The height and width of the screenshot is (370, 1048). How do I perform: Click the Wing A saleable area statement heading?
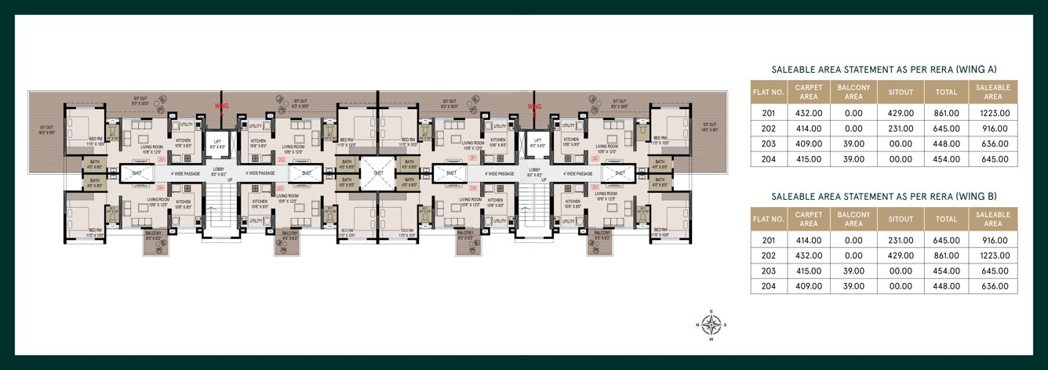pyautogui.click(x=884, y=69)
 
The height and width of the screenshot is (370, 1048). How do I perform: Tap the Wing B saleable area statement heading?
pyautogui.click(x=884, y=195)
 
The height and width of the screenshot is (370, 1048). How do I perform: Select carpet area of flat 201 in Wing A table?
pyautogui.click(x=808, y=113)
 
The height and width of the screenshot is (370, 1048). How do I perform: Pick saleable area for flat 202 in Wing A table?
pyautogui.click(x=993, y=128)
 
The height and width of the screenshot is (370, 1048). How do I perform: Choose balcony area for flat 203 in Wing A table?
pyautogui.click(x=854, y=143)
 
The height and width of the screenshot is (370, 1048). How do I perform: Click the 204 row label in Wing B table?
pyautogui.click(x=769, y=286)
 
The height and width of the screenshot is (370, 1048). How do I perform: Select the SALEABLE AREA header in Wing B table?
pyautogui.click(x=993, y=219)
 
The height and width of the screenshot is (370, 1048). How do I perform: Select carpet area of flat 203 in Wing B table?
pyautogui.click(x=808, y=270)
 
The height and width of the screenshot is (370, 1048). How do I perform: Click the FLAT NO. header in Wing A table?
pyautogui.click(x=769, y=92)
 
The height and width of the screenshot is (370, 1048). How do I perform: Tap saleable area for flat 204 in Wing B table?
pyautogui.click(x=993, y=286)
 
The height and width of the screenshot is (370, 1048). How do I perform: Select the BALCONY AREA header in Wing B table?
pyautogui.click(x=854, y=219)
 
